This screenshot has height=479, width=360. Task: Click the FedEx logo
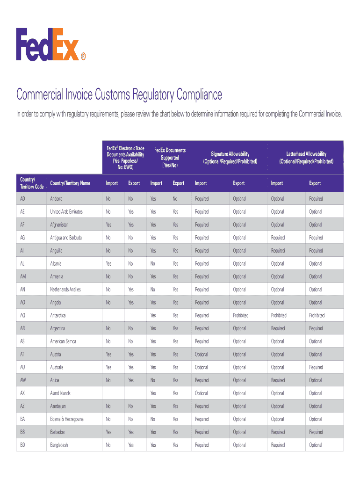(x=51, y=44)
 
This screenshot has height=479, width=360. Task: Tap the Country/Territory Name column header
(x=70, y=183)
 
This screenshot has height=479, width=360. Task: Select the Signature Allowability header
(x=230, y=157)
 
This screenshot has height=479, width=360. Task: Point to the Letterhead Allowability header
(x=306, y=157)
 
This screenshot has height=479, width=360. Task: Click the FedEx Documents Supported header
(x=170, y=158)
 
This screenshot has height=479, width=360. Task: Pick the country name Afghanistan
(x=59, y=225)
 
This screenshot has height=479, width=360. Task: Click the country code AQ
(x=23, y=315)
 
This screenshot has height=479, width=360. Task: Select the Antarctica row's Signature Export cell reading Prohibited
(x=241, y=315)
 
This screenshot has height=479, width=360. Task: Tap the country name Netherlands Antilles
(x=65, y=290)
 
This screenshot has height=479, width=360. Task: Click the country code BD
(x=23, y=445)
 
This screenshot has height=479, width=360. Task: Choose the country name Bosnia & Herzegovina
(x=67, y=419)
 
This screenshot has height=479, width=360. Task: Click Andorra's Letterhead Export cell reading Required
(x=316, y=199)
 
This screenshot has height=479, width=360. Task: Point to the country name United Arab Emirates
(x=66, y=212)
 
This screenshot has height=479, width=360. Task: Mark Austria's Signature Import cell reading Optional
(x=202, y=354)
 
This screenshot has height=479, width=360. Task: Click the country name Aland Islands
(x=60, y=393)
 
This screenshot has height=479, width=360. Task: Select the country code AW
(x=23, y=380)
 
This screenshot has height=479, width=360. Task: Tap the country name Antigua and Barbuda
(x=66, y=238)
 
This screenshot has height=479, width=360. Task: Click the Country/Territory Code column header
(x=32, y=183)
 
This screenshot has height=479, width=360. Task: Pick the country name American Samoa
(x=63, y=341)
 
